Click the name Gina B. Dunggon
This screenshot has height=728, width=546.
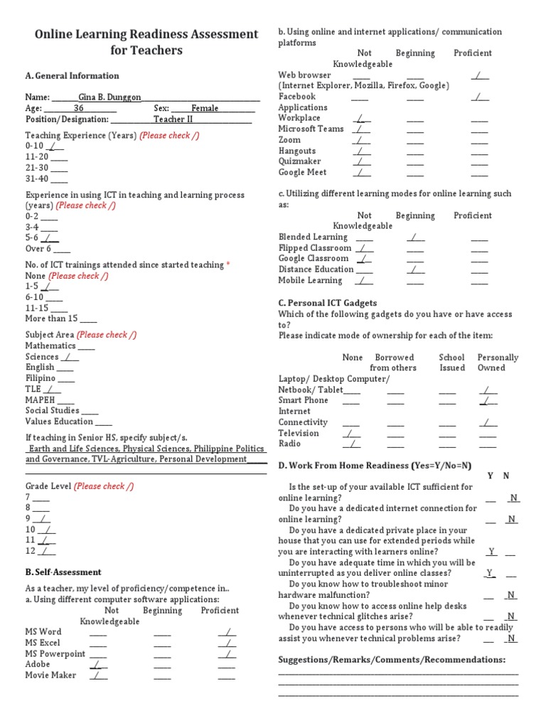(x=110, y=97)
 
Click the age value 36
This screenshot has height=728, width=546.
(x=79, y=109)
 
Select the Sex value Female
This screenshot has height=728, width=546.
(x=205, y=109)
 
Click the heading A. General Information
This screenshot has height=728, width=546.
(x=72, y=76)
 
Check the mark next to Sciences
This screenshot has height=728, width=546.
(x=69, y=357)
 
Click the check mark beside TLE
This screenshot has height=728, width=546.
(x=52, y=389)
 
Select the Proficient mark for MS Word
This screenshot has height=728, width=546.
(x=227, y=631)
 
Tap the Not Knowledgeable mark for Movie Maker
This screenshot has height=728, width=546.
(x=98, y=675)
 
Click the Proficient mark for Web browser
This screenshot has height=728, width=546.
(x=480, y=75)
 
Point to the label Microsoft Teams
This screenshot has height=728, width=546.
(x=311, y=129)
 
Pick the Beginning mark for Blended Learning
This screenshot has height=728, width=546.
(x=415, y=237)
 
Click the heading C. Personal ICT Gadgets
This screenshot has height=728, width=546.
(x=327, y=303)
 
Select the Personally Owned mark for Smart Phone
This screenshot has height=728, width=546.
(x=488, y=400)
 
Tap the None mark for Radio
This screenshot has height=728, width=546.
(x=350, y=444)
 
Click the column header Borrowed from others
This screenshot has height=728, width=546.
(x=394, y=363)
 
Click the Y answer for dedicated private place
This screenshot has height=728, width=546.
(x=491, y=551)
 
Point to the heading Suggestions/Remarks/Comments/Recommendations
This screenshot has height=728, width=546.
(x=392, y=660)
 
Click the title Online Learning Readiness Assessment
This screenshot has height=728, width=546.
(x=146, y=34)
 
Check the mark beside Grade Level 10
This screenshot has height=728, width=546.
(x=47, y=529)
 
